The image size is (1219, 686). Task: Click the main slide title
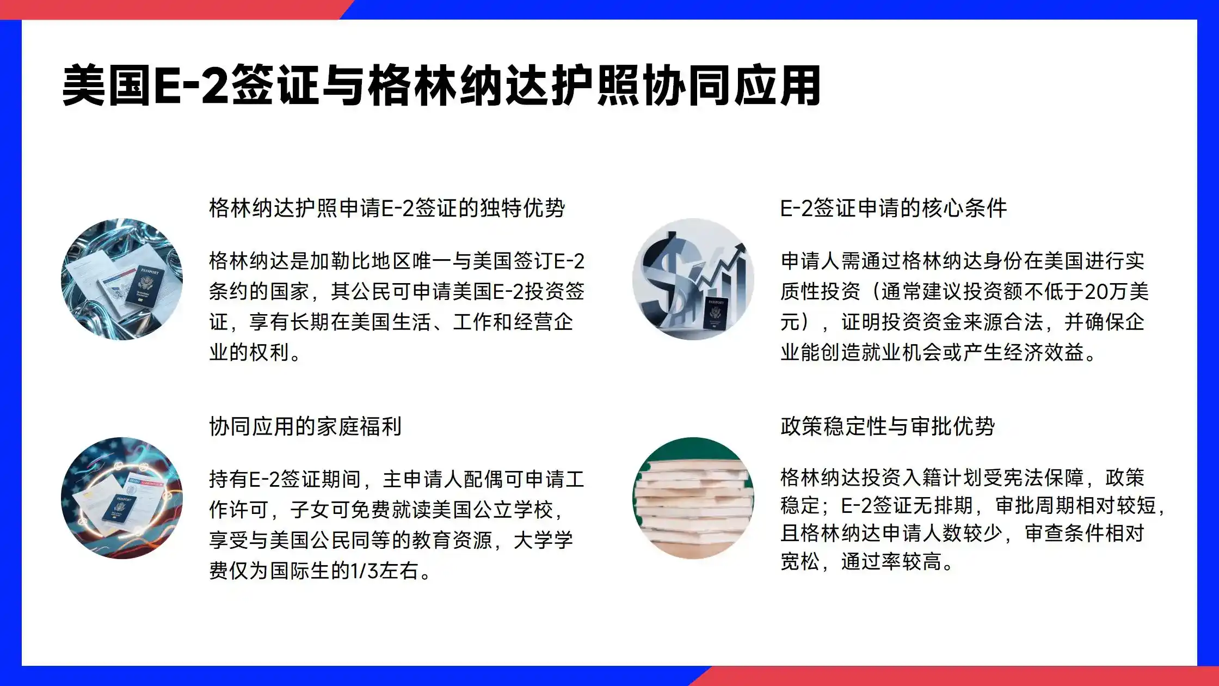pos(441,85)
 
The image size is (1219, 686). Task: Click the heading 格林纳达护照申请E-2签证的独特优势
pos(387,208)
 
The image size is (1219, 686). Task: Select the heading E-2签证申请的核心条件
pos(894,208)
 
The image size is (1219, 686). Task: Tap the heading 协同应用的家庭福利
pos(305,426)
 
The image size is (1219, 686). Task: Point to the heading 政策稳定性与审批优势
pos(888,426)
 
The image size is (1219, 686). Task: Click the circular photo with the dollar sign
pos(693,279)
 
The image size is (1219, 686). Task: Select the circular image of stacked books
pos(693,498)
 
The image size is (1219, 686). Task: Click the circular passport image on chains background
pos(122,279)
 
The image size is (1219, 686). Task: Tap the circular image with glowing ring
pos(122,498)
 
